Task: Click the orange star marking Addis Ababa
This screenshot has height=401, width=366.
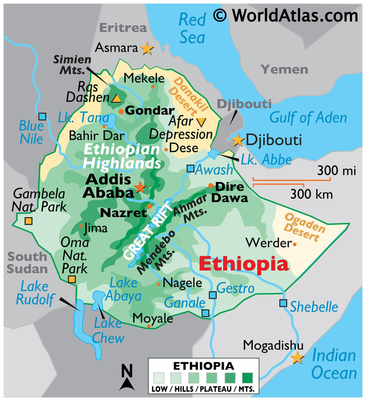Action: (x=140, y=187)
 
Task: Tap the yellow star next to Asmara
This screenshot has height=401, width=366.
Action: (x=147, y=48)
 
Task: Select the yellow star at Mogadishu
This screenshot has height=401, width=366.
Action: (x=298, y=358)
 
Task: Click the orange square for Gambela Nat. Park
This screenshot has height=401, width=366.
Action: (x=28, y=222)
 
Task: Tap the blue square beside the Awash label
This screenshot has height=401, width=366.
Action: (x=190, y=169)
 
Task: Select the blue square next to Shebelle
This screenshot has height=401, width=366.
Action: (x=283, y=303)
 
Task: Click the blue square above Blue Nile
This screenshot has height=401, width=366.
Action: (x=42, y=117)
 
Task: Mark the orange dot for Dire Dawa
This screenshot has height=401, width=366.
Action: (x=210, y=185)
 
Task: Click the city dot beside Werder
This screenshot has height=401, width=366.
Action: (x=294, y=244)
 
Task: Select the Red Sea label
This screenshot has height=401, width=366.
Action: (x=192, y=28)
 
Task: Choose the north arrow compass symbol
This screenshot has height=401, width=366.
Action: (x=127, y=377)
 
